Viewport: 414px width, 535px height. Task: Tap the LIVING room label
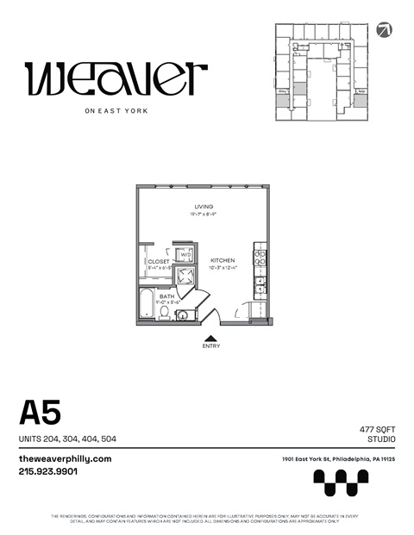[204, 207]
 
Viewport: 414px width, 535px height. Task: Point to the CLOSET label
[159, 261]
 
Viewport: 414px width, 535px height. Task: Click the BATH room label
[166, 295]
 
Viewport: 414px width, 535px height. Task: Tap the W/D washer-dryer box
[185, 255]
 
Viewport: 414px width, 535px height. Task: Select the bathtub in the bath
[146, 308]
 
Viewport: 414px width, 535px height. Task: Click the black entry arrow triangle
[210, 338]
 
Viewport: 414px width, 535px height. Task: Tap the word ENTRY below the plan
[210, 346]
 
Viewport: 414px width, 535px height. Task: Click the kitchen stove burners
[260, 256]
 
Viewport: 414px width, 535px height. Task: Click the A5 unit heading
[41, 414]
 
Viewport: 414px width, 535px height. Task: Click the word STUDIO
[381, 439]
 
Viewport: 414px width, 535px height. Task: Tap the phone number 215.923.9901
[48, 471]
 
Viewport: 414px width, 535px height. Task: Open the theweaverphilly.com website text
[66, 459]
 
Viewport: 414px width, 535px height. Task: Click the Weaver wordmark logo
[116, 79]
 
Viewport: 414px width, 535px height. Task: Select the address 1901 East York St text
[338, 459]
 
